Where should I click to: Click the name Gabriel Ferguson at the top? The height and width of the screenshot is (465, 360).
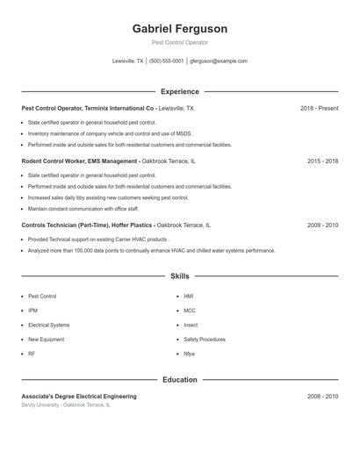click(x=180, y=29)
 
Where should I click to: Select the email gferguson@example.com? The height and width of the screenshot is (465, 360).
click(x=219, y=61)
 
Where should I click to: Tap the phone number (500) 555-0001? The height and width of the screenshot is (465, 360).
click(x=166, y=61)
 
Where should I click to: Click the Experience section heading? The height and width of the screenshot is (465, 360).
click(x=180, y=91)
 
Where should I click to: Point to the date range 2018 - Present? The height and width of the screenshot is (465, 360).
click(x=319, y=108)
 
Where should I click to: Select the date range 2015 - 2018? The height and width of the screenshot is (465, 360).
click(x=322, y=161)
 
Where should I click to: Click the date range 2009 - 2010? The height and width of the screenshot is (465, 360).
click(x=322, y=225)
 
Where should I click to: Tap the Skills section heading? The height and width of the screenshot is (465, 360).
click(x=180, y=276)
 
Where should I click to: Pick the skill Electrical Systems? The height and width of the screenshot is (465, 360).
click(x=48, y=325)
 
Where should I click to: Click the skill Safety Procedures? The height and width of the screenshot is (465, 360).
click(x=205, y=339)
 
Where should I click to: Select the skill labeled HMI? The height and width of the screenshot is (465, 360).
click(x=189, y=297)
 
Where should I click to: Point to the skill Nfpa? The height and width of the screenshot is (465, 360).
click(x=189, y=354)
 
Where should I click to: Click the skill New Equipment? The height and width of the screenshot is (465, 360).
click(x=46, y=339)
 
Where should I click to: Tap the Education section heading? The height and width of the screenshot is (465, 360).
click(x=180, y=380)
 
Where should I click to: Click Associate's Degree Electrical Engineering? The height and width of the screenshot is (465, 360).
click(x=79, y=397)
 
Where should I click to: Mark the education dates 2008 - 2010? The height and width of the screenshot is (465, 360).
click(x=322, y=397)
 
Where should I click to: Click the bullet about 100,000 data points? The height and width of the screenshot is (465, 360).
click(x=151, y=250)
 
